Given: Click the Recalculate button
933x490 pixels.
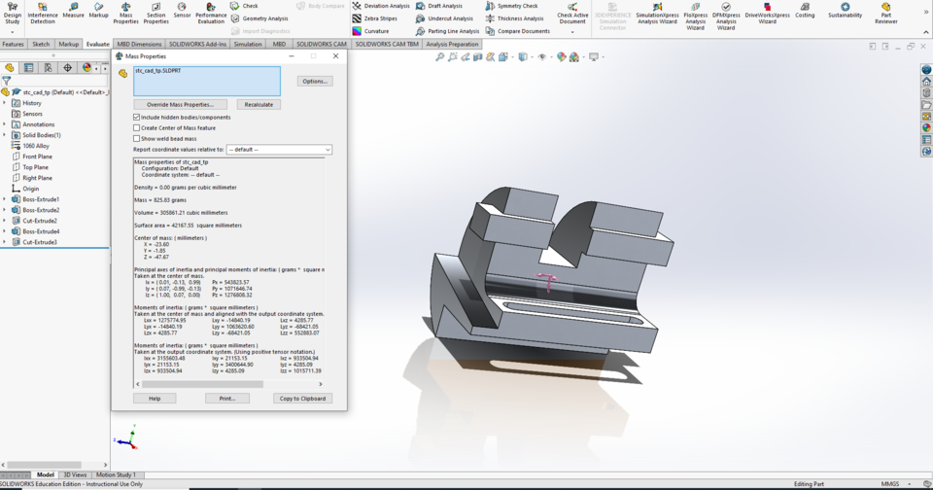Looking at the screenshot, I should click(x=259, y=104).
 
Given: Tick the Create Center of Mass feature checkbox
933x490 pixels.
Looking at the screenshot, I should click(x=137, y=127).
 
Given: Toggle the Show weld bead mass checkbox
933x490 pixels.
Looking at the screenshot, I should click(x=137, y=138).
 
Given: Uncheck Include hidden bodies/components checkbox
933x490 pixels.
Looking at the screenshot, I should click(x=137, y=117).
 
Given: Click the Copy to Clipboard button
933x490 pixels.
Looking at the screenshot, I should click(x=303, y=399).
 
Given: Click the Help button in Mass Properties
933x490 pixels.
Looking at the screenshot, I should click(x=155, y=399).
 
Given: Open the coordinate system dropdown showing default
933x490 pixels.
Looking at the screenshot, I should click(x=279, y=150).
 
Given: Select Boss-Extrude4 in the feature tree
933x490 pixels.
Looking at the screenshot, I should click(x=41, y=231).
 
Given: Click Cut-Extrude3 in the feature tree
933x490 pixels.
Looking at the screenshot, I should click(x=40, y=242).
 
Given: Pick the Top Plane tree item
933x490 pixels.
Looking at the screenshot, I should click(x=35, y=167).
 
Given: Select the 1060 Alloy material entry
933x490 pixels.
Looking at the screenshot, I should click(x=36, y=146).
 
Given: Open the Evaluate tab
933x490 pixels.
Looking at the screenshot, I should click(x=97, y=44).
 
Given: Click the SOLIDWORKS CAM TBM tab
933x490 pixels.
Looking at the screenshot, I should click(x=387, y=44).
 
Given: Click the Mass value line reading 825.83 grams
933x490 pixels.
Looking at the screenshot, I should click(x=161, y=199).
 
